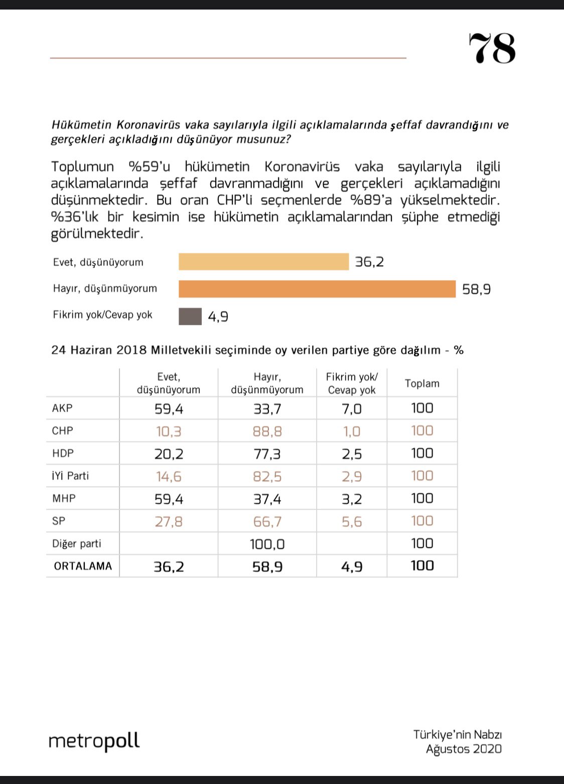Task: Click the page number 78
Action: [x=492, y=48]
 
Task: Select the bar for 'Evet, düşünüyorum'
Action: [x=263, y=262]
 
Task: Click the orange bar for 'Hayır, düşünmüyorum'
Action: [x=317, y=289]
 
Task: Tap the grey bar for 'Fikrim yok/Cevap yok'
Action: [x=190, y=316]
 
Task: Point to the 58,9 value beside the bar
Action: [x=476, y=289]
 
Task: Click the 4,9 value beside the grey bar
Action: [x=218, y=316]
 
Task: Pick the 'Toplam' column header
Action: [x=422, y=383]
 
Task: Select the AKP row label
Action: [x=62, y=408]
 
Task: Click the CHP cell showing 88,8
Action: [x=267, y=431]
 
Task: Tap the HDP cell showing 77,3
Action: [x=267, y=454]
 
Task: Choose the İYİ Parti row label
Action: [x=70, y=476]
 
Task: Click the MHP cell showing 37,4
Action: [x=267, y=499]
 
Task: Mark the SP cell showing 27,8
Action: [x=169, y=522]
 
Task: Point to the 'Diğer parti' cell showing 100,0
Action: [x=267, y=544]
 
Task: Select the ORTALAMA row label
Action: [x=83, y=566]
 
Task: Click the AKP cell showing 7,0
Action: [x=352, y=409]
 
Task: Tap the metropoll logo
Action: [x=94, y=741]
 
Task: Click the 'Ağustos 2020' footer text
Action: [x=464, y=749]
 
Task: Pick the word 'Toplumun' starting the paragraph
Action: [x=83, y=167]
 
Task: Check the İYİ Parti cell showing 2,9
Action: [x=352, y=477]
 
